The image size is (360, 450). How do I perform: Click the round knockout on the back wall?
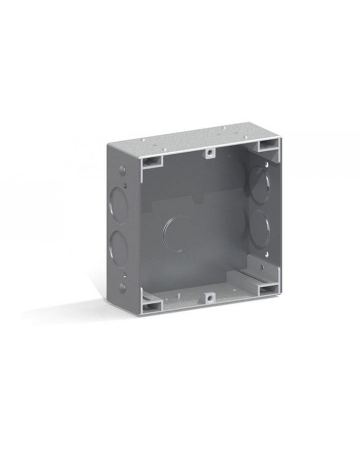(177, 234)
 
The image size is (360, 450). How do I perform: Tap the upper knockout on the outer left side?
(118, 205)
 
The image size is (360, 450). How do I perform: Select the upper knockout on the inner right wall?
(259, 186)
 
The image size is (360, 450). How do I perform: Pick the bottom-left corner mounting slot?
(152, 305)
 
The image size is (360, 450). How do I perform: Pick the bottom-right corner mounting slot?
(269, 290)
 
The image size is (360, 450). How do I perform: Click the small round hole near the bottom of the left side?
(123, 288)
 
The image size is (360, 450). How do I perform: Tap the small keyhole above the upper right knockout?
(266, 164)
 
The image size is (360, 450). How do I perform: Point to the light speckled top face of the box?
(194, 136)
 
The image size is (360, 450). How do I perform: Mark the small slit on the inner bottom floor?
(180, 295)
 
